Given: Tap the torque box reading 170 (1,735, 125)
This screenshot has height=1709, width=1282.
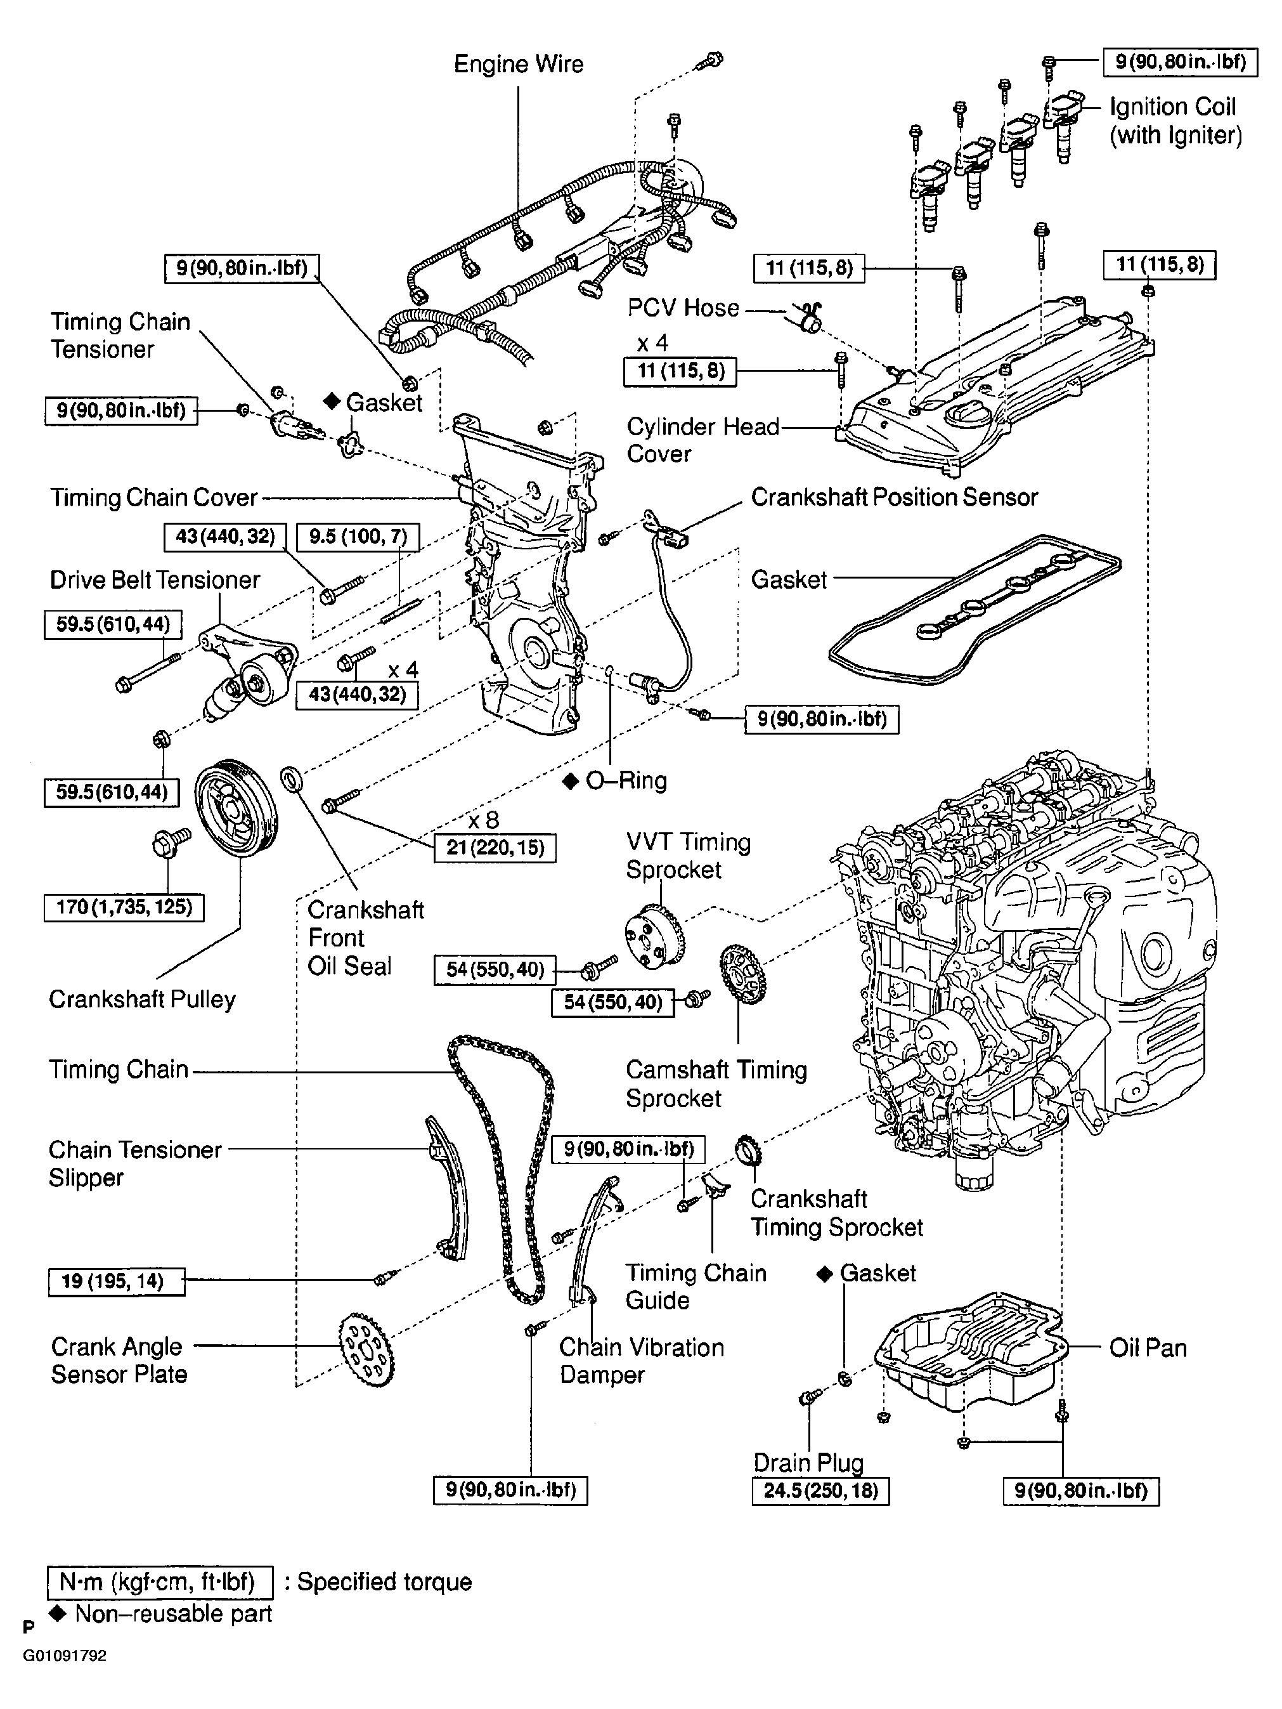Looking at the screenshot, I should pyautogui.click(x=124, y=907).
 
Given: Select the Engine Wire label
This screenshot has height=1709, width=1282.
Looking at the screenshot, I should pyautogui.click(x=518, y=64).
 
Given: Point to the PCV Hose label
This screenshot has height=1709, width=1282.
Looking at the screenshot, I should pyautogui.click(x=683, y=308).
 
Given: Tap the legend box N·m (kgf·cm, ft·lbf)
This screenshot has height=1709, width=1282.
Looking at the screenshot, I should pyautogui.click(x=160, y=1581).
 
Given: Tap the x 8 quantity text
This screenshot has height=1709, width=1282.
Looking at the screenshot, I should pyautogui.click(x=484, y=820).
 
